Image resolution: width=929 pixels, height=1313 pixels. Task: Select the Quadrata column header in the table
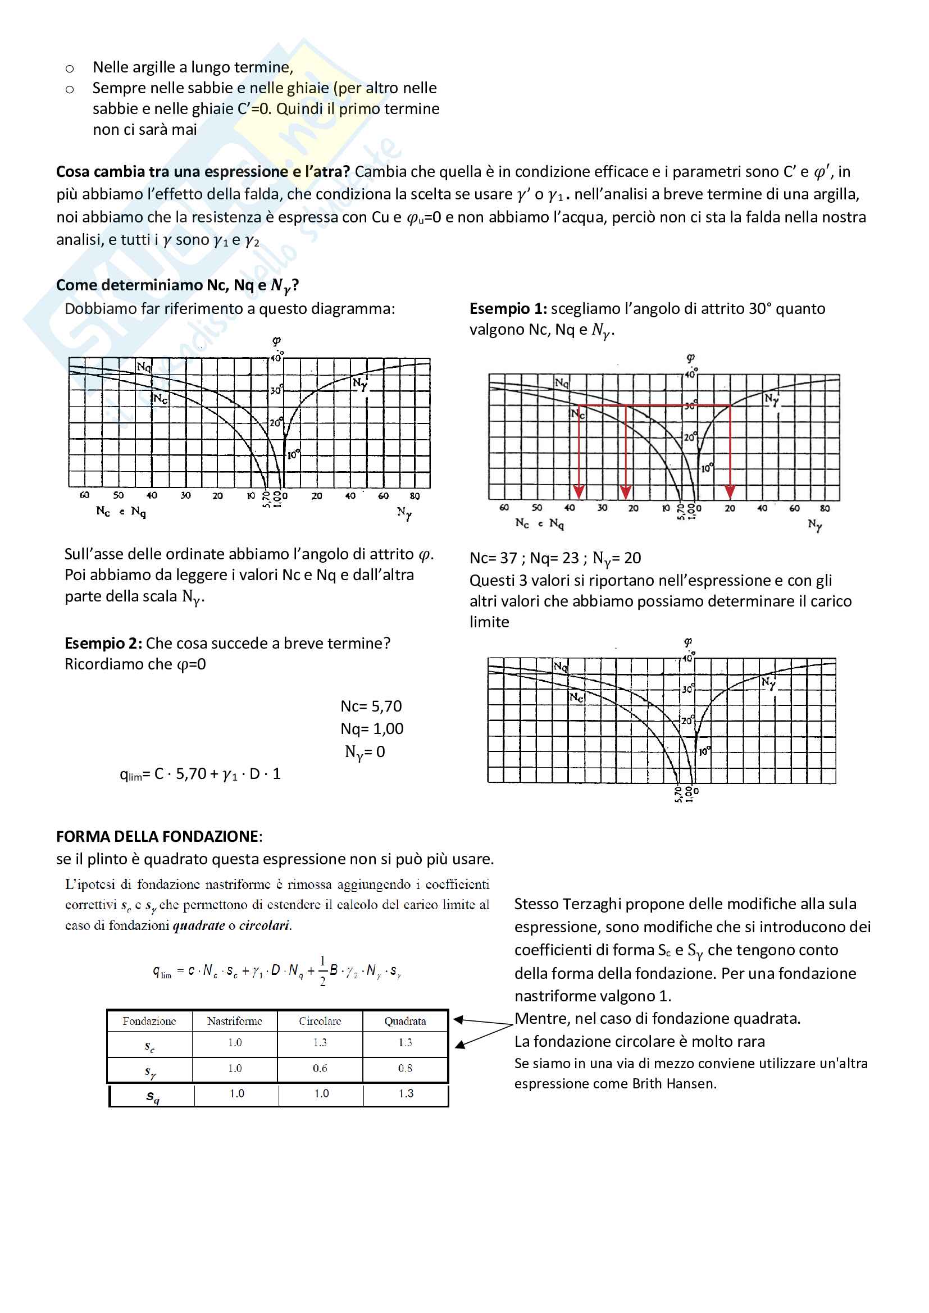(405, 1022)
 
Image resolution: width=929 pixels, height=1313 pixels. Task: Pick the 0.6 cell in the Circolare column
(320, 1068)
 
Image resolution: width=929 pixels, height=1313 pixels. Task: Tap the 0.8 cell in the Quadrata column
(405, 1068)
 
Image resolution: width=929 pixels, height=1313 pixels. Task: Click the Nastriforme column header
(235, 1022)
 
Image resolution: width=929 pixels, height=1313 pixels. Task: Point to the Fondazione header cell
(149, 1022)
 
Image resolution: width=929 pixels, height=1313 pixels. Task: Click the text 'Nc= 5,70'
(371, 706)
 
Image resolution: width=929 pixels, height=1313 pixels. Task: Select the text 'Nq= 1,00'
(372, 728)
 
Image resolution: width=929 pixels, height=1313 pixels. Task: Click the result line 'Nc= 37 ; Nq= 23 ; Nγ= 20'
(555, 558)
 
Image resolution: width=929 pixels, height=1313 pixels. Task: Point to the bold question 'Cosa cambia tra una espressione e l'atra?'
(203, 171)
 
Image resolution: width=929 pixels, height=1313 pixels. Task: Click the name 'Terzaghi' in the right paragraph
(592, 904)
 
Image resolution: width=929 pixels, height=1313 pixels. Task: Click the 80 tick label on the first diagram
(415, 496)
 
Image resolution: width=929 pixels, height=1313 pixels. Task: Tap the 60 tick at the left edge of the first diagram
(85, 495)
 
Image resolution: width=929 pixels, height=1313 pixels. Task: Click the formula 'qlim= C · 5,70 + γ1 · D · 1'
(200, 774)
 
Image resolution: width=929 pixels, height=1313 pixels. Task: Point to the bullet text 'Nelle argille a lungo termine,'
(193, 67)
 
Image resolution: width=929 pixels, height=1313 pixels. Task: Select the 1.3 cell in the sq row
(406, 1093)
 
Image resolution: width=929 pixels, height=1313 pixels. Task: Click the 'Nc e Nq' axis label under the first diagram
(121, 512)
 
